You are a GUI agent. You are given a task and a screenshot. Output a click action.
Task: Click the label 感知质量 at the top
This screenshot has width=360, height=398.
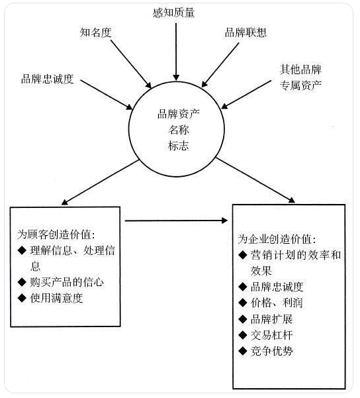pyautogui.click(x=174, y=13)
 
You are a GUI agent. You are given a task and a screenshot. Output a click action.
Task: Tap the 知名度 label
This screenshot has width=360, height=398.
pyautogui.click(x=96, y=32)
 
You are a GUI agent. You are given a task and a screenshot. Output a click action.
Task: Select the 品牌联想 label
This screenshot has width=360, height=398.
pyautogui.click(x=246, y=32)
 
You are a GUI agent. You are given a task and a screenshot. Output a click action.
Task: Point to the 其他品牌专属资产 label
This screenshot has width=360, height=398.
pyautogui.click(x=300, y=77)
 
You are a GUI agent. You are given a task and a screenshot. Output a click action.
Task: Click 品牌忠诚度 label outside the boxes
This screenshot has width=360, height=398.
pyautogui.click(x=48, y=79)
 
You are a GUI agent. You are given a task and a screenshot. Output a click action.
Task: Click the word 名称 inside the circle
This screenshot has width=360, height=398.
pyautogui.click(x=179, y=130)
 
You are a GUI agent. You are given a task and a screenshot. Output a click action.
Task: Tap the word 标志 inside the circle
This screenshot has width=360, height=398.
pyautogui.click(x=179, y=146)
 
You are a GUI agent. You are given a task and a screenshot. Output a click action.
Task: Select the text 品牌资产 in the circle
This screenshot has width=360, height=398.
pyautogui.click(x=179, y=114)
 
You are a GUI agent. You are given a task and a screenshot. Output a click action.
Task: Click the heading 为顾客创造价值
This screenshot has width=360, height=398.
pyautogui.click(x=56, y=234)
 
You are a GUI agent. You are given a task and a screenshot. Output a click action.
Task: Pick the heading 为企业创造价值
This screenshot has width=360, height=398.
pyautogui.click(x=277, y=239)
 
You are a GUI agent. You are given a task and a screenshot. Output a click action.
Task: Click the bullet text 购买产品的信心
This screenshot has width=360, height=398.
pyautogui.click(x=67, y=282)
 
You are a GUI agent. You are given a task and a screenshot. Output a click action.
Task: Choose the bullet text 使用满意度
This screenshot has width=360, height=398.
pyautogui.click(x=56, y=298)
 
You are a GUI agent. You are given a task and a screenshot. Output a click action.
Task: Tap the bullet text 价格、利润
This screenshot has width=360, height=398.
pyautogui.click(x=277, y=303)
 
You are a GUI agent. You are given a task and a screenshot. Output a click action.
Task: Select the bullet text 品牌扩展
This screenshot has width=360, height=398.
pyautogui.click(x=271, y=319)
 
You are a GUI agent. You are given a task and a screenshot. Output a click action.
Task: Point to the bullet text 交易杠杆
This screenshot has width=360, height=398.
pyautogui.click(x=271, y=335)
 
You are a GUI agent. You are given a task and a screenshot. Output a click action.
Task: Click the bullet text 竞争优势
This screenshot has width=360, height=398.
pyautogui.click(x=271, y=351)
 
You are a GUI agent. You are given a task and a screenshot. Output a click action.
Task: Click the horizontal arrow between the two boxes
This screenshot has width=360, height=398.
pyautogui.click(x=176, y=221)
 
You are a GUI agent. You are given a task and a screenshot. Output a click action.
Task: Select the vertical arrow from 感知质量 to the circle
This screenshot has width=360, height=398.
pyautogui.click(x=176, y=52)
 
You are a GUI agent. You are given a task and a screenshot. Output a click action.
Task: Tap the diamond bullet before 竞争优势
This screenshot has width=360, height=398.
pyautogui.click(x=243, y=351)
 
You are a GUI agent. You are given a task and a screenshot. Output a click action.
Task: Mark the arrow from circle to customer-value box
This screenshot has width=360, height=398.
pyautogui.click(x=100, y=182)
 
